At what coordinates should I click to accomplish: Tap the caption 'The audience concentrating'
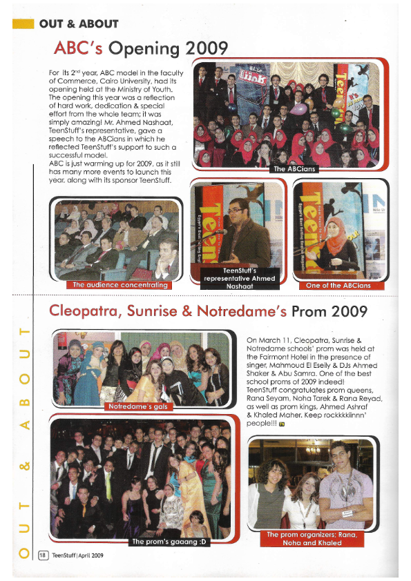tap(120, 284)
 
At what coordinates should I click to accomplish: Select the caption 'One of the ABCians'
tap(338, 285)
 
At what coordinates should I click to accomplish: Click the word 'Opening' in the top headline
tap(142, 49)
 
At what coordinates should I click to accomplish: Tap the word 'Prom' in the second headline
tap(308, 311)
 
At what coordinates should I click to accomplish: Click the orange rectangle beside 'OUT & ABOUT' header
tap(23, 24)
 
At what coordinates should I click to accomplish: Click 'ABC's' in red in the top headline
tap(77, 49)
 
